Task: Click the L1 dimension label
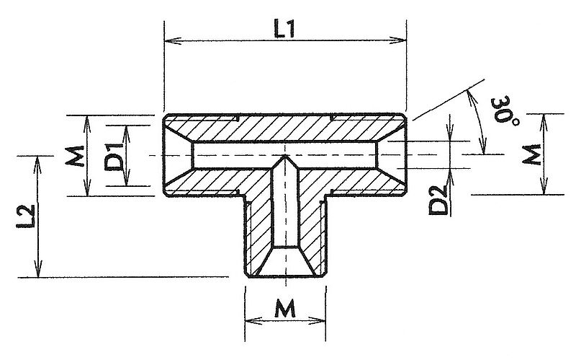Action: tap(284, 30)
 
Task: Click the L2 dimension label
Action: tap(26, 216)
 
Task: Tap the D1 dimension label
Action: tap(114, 157)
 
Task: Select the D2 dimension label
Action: tap(438, 201)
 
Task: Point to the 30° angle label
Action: tap(505, 110)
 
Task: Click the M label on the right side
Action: tap(532, 154)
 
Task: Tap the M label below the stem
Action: tap(285, 309)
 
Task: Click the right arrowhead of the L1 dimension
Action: tap(398, 40)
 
